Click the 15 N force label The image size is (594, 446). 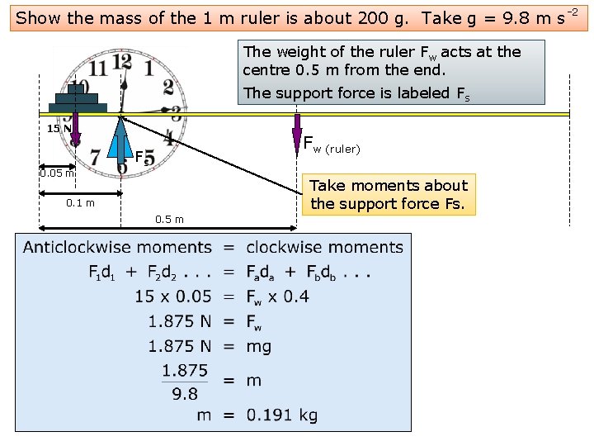[58, 128]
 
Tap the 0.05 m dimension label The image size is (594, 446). [58, 173]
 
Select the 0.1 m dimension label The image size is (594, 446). [80, 203]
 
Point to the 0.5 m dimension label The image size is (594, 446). [169, 219]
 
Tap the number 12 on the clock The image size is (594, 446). [121, 62]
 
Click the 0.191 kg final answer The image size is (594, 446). [281, 415]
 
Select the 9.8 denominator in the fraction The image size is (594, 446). [185, 393]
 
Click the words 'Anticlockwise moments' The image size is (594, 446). [117, 247]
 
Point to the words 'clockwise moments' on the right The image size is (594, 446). [324, 247]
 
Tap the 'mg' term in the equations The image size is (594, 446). [258, 346]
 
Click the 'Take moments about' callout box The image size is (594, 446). [388, 195]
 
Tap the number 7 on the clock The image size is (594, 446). [95, 155]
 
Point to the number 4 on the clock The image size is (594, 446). [168, 138]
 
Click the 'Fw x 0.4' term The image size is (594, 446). [277, 297]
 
